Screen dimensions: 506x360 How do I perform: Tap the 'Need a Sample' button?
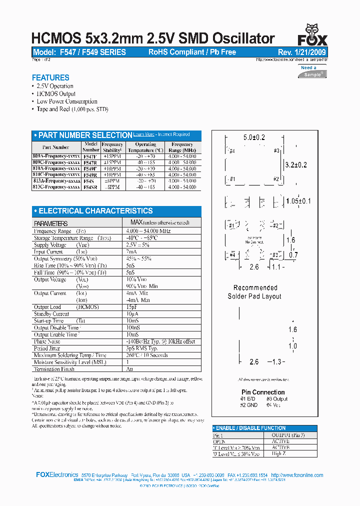tap(313, 71)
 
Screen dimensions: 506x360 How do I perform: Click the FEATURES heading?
tap(50, 77)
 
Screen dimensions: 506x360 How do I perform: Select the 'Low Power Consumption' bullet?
tap(67, 101)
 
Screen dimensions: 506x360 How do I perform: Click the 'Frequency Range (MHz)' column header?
tap(182, 147)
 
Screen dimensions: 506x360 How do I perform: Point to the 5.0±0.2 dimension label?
tap(254, 137)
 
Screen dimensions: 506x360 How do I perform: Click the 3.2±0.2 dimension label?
tap(295, 165)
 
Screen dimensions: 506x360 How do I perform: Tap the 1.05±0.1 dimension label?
tap(298, 201)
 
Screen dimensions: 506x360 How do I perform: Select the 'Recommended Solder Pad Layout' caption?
tap(255, 292)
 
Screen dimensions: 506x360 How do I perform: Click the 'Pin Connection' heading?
tap(263, 392)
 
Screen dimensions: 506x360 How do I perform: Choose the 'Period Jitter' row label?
tap(48, 348)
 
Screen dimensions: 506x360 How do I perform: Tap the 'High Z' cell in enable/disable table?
tap(279, 454)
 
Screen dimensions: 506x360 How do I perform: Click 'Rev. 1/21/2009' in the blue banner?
tap(301, 52)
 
